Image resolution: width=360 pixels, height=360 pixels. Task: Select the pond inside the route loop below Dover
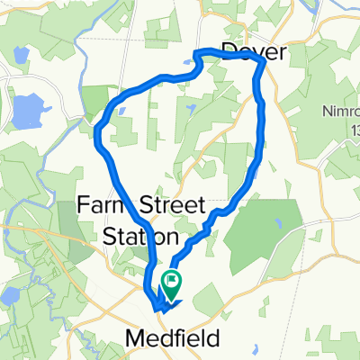(192, 109)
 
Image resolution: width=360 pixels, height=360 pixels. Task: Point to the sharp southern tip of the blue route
(159, 311)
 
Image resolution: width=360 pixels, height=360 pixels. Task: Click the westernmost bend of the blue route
(97, 135)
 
